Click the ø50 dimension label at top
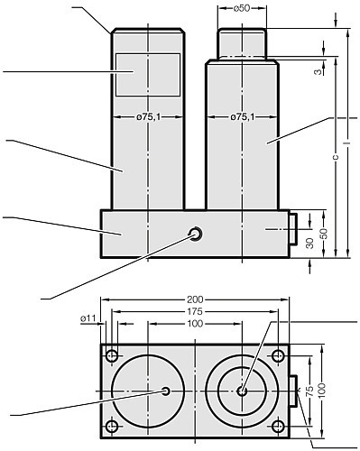click(x=242, y=8)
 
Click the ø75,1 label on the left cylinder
click(x=149, y=117)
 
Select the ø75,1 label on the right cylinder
click(x=243, y=117)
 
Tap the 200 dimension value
click(x=195, y=299)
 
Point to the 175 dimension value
click(x=195, y=311)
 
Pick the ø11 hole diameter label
click(x=88, y=319)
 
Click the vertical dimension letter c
click(x=336, y=157)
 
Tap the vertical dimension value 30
click(x=310, y=243)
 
